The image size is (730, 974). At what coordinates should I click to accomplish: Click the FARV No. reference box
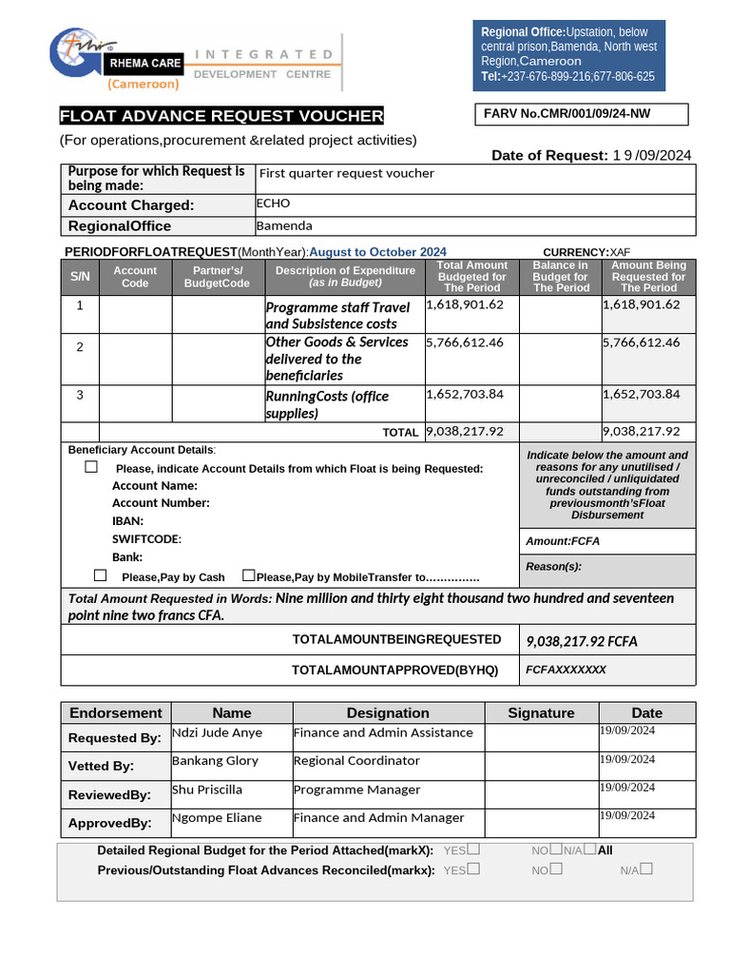pyautogui.click(x=581, y=115)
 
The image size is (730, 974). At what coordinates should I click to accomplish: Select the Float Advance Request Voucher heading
pyautogui.click(x=221, y=116)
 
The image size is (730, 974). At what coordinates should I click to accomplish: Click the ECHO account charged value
pyautogui.click(x=273, y=204)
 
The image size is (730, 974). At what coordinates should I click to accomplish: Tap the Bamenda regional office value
pyautogui.click(x=284, y=225)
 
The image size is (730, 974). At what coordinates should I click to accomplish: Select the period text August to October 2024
pyautogui.click(x=377, y=252)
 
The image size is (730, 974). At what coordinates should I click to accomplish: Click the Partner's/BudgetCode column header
pyautogui.click(x=217, y=277)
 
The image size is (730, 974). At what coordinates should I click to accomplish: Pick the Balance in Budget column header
pyautogui.click(x=560, y=277)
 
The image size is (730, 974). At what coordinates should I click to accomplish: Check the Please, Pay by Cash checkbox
pyautogui.click(x=101, y=575)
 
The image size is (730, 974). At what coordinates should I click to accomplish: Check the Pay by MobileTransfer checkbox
pyautogui.click(x=249, y=575)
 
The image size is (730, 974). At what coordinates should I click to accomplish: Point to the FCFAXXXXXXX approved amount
pyautogui.click(x=566, y=670)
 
